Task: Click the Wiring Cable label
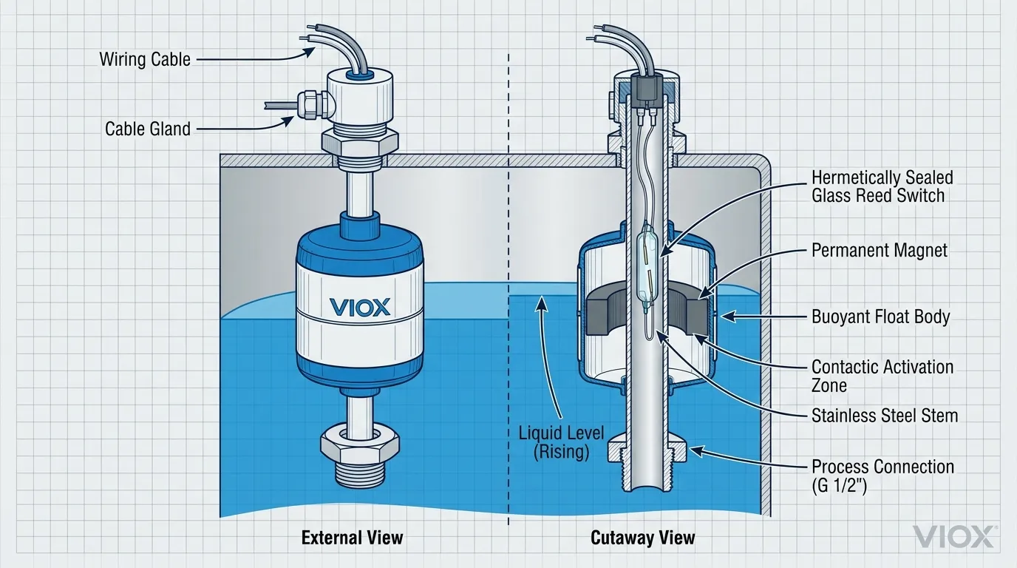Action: coord(145,59)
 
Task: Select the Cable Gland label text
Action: coord(148,129)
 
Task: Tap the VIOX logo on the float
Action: coord(359,307)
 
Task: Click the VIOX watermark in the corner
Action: coord(953,536)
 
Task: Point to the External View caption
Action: coord(353,538)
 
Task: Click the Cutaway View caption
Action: coord(643,538)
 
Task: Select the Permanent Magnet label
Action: coord(879,250)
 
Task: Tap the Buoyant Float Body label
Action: coord(880,317)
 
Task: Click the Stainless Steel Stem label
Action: coord(885,416)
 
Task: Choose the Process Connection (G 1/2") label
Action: coord(882,476)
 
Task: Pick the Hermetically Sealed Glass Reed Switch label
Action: coord(882,186)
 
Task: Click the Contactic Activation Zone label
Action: coord(882,376)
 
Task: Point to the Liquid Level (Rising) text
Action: coord(562,442)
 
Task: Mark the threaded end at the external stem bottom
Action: coord(359,473)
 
